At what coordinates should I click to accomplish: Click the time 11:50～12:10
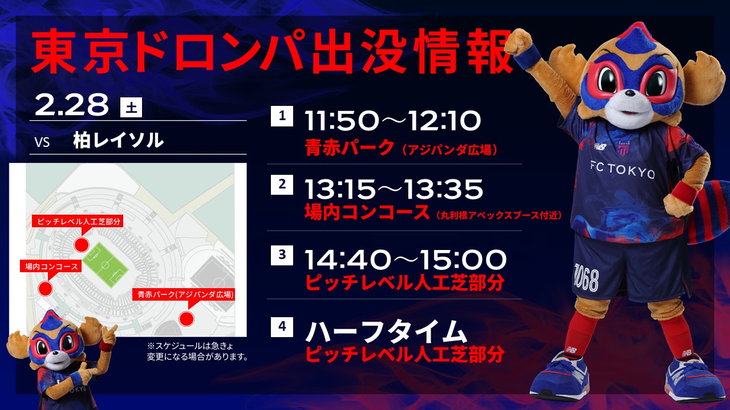(393, 121)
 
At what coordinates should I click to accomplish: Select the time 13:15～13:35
(394, 189)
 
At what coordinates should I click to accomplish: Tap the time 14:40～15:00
(405, 260)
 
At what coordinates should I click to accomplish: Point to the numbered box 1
(282, 116)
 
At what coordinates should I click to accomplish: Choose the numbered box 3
(282, 255)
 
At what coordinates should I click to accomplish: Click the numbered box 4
(282, 326)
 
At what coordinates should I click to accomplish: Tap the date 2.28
(71, 104)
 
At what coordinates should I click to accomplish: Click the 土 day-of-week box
(131, 107)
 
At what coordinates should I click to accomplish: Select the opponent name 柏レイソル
(118, 141)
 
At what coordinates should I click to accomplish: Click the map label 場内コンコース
(51, 266)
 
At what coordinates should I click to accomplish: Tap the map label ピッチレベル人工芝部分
(78, 222)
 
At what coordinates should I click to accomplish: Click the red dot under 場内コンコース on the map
(45, 289)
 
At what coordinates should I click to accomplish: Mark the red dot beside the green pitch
(81, 245)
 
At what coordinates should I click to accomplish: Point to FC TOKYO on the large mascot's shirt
(622, 170)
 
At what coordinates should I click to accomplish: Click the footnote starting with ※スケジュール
(197, 351)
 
